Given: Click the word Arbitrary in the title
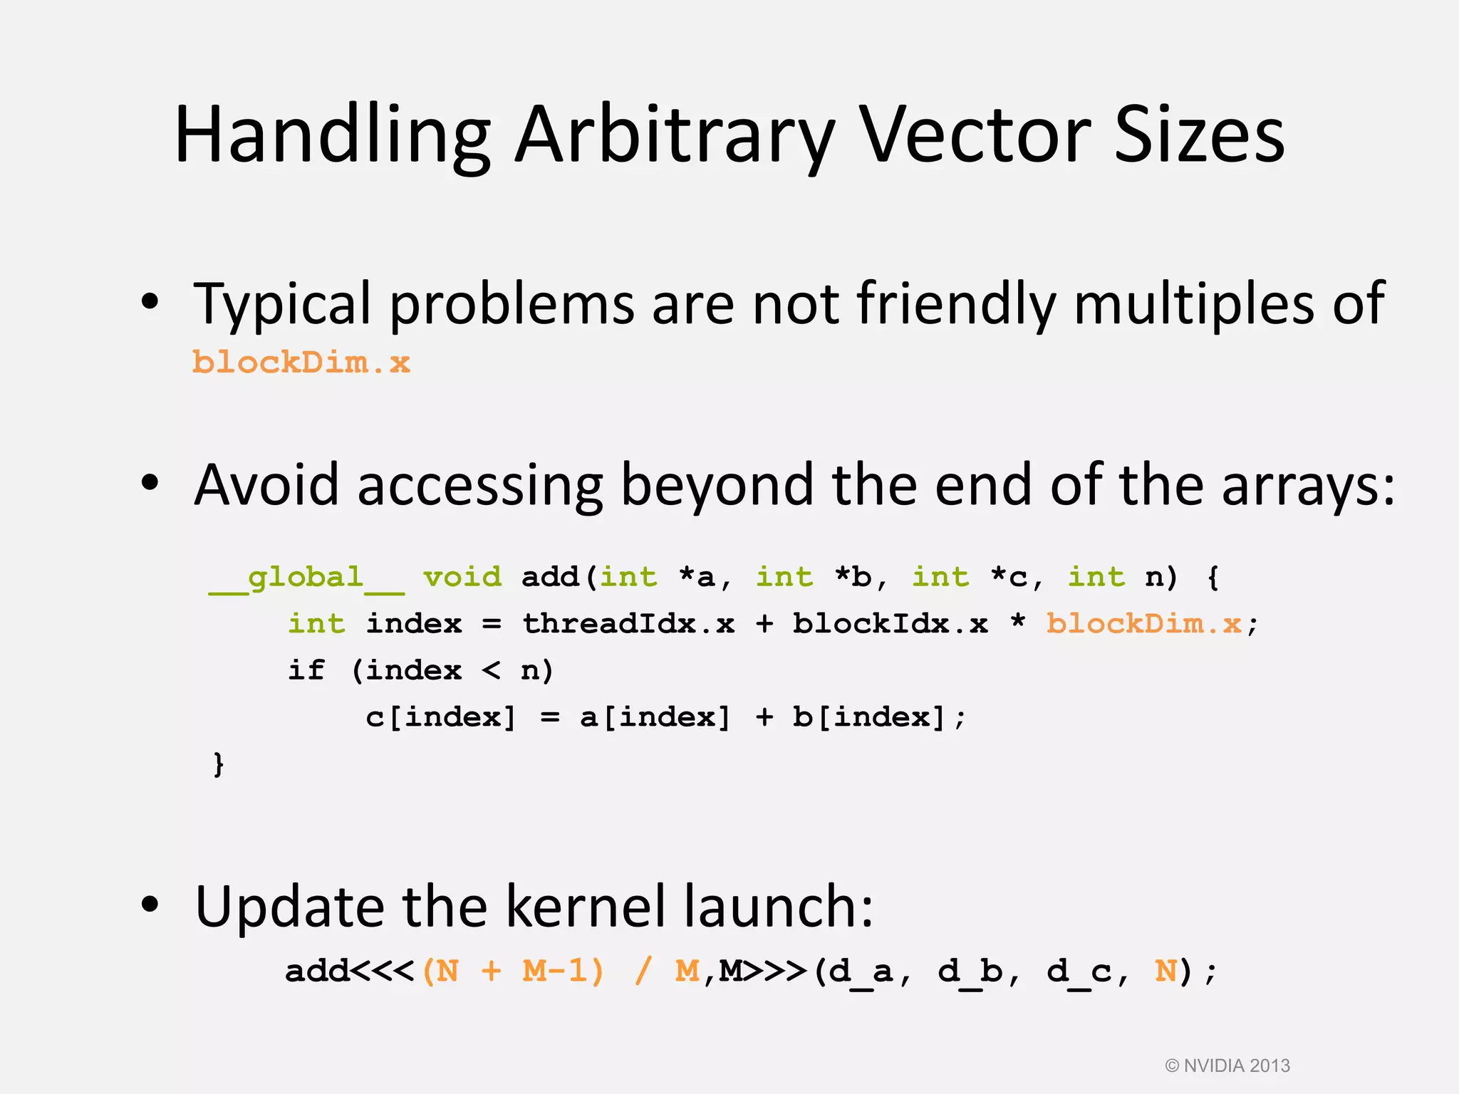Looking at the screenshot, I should [x=674, y=135].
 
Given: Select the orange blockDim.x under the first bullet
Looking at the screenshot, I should [x=301, y=363].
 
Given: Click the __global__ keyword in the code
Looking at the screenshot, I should [x=306, y=578].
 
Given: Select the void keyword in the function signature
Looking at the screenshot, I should [x=462, y=577].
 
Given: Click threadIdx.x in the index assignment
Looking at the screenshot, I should [x=628, y=624].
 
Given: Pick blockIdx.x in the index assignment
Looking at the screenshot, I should [x=891, y=624].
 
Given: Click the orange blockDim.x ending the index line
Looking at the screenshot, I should [x=1144, y=624].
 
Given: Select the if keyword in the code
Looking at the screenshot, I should [x=306, y=670].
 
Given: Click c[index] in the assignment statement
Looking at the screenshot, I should [x=440, y=717].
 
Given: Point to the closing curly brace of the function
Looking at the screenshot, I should [x=219, y=764].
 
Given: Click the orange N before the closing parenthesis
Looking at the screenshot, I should [x=1165, y=971].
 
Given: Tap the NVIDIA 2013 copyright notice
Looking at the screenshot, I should [x=1227, y=1066].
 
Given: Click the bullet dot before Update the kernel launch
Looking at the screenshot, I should [x=150, y=905].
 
